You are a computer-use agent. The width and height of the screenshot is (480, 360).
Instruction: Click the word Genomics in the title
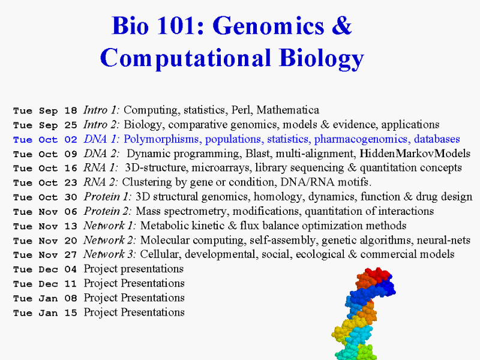coord(268,26)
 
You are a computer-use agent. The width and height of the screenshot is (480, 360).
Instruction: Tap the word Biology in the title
coord(322,58)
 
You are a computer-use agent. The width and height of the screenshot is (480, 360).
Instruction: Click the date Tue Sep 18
coord(45,110)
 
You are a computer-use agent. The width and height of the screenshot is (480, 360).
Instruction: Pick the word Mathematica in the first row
coord(288,110)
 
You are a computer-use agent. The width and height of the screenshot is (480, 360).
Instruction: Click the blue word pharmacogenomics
coord(362,140)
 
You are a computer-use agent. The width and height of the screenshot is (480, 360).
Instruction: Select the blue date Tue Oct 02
coord(45,140)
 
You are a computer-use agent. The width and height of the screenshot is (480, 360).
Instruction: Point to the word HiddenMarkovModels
coord(415,154)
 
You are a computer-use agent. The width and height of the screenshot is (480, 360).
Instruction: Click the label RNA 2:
coord(101,182)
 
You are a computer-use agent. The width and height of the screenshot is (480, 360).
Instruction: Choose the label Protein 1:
coord(108,197)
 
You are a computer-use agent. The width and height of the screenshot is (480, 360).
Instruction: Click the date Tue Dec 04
coord(45,269)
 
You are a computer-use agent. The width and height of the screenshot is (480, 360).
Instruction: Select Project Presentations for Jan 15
coord(134,313)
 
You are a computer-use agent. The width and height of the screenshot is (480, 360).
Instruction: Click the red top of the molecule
coord(377,274)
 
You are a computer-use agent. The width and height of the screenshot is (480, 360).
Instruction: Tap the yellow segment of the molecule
coord(344,329)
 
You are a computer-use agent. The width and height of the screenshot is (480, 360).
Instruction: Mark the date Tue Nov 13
coord(45,226)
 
